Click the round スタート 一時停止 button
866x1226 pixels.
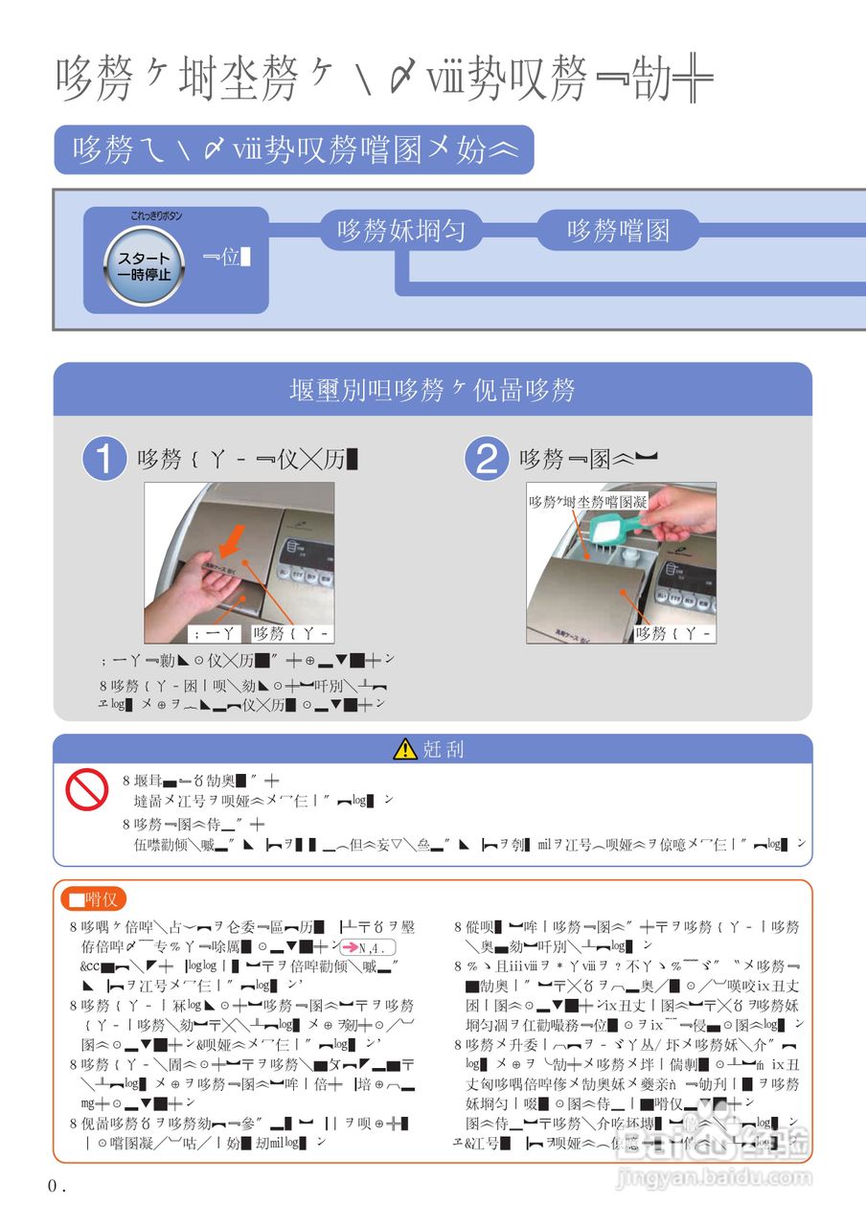pos(144,266)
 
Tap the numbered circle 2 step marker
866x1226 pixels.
pos(486,460)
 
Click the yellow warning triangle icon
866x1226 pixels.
pos(405,749)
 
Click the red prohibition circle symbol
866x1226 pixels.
pos(86,791)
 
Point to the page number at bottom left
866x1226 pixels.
pos(57,1186)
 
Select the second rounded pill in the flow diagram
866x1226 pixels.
pos(618,231)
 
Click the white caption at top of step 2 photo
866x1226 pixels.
pos(588,501)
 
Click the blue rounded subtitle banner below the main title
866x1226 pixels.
pos(293,149)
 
